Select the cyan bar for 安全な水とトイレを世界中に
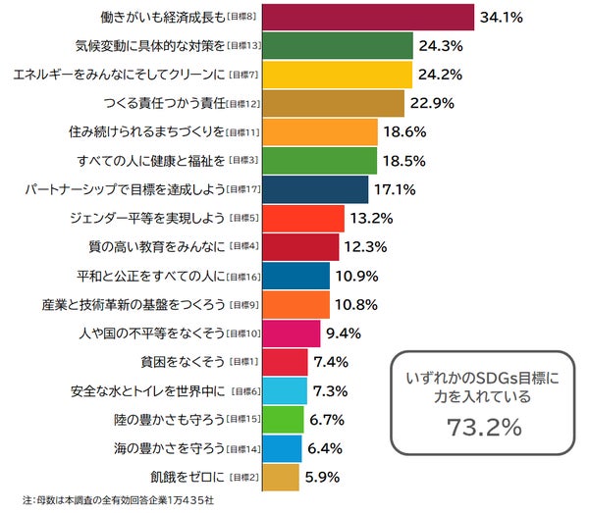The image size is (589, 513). (285, 390)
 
